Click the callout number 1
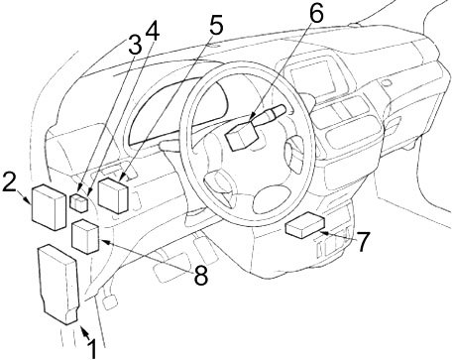[92, 347]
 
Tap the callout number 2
[10, 181]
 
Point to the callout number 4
[152, 30]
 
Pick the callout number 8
[200, 275]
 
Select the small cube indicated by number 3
[82, 203]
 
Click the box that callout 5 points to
[115, 194]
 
